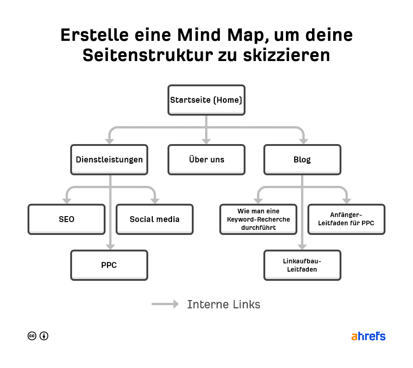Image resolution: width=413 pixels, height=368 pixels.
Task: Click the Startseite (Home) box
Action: point(206,100)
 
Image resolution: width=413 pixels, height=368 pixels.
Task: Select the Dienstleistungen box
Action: point(109,160)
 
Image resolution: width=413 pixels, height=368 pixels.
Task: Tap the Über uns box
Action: point(206,160)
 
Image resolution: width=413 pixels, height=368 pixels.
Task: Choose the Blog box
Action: point(302,160)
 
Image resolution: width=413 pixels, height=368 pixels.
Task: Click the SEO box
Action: point(67,219)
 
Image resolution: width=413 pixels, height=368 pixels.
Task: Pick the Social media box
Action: point(155,219)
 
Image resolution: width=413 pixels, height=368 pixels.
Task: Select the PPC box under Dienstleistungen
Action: point(109,265)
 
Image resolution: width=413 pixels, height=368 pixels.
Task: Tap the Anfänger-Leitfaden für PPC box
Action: point(346,219)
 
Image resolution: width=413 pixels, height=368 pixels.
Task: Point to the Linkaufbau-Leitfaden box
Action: point(302,265)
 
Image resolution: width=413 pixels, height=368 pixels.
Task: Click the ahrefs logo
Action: point(368,336)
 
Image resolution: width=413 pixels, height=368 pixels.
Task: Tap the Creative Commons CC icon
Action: point(32,336)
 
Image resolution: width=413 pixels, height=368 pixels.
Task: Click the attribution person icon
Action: point(44,336)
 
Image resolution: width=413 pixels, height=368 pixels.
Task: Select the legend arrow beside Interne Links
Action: point(165,304)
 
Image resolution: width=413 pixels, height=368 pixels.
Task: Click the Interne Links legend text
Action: point(223,304)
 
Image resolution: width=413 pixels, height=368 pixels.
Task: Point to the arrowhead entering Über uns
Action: point(206,141)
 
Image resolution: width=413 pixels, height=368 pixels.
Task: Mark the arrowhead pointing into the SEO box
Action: point(67,201)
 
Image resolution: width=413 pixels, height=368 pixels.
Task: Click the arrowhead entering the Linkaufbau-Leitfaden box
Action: point(302,246)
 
